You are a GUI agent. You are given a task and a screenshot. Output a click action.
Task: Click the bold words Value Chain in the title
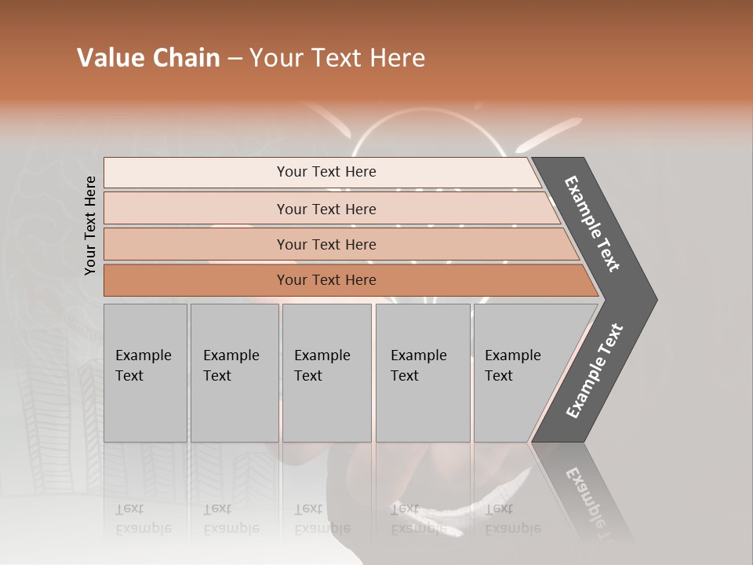point(148,58)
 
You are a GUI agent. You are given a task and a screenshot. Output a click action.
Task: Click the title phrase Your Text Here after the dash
point(337,58)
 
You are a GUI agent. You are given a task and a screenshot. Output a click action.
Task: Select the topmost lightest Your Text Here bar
point(326,172)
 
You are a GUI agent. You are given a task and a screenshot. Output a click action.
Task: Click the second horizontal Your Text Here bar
point(326,209)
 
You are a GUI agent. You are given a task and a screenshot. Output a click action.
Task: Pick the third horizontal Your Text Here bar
point(326,244)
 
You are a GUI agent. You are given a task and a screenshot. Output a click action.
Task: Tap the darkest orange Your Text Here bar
point(326,280)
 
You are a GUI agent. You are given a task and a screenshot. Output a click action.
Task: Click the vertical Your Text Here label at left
point(90,225)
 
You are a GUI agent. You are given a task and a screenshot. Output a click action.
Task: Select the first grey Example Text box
point(145,373)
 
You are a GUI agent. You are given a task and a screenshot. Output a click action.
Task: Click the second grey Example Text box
point(234,373)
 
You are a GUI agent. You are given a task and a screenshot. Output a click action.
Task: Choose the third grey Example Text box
point(326,373)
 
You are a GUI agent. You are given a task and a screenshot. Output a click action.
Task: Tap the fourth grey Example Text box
point(422,373)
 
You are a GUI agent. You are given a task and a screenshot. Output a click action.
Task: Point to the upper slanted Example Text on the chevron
point(592,224)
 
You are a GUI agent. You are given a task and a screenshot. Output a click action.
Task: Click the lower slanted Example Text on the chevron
point(594,370)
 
